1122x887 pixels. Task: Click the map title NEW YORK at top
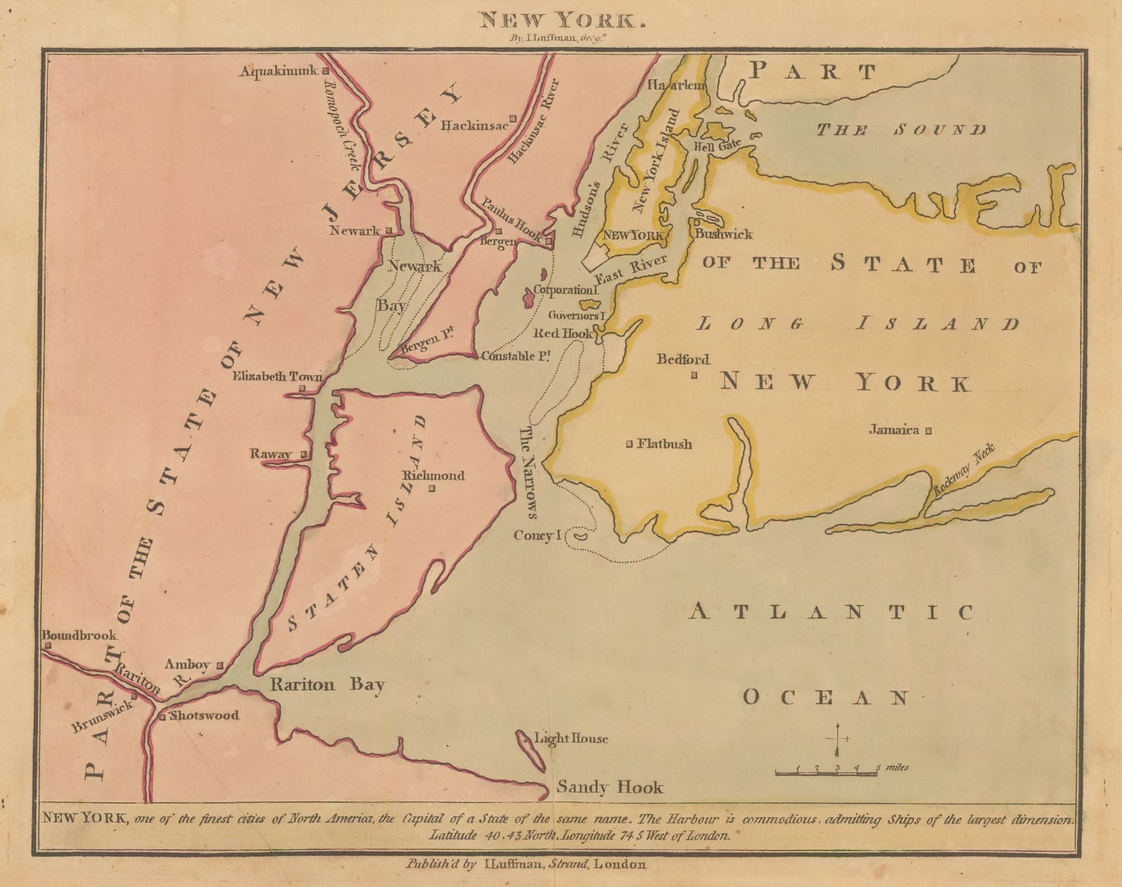[x=560, y=20]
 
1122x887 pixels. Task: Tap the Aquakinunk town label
[x=278, y=71]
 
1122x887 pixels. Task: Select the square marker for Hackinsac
[x=513, y=119]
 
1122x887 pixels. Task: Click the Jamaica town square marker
[x=928, y=431]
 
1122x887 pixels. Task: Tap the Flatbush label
[x=664, y=444]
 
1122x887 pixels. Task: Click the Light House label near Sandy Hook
[x=571, y=738]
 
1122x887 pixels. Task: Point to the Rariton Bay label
[x=327, y=685]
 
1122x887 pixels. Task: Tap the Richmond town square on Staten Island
[x=432, y=489]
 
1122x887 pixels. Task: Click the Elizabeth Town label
[x=277, y=377]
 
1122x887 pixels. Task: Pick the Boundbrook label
[x=79, y=635]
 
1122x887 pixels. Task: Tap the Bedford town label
[x=682, y=360]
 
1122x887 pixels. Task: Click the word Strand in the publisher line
[x=568, y=864]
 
